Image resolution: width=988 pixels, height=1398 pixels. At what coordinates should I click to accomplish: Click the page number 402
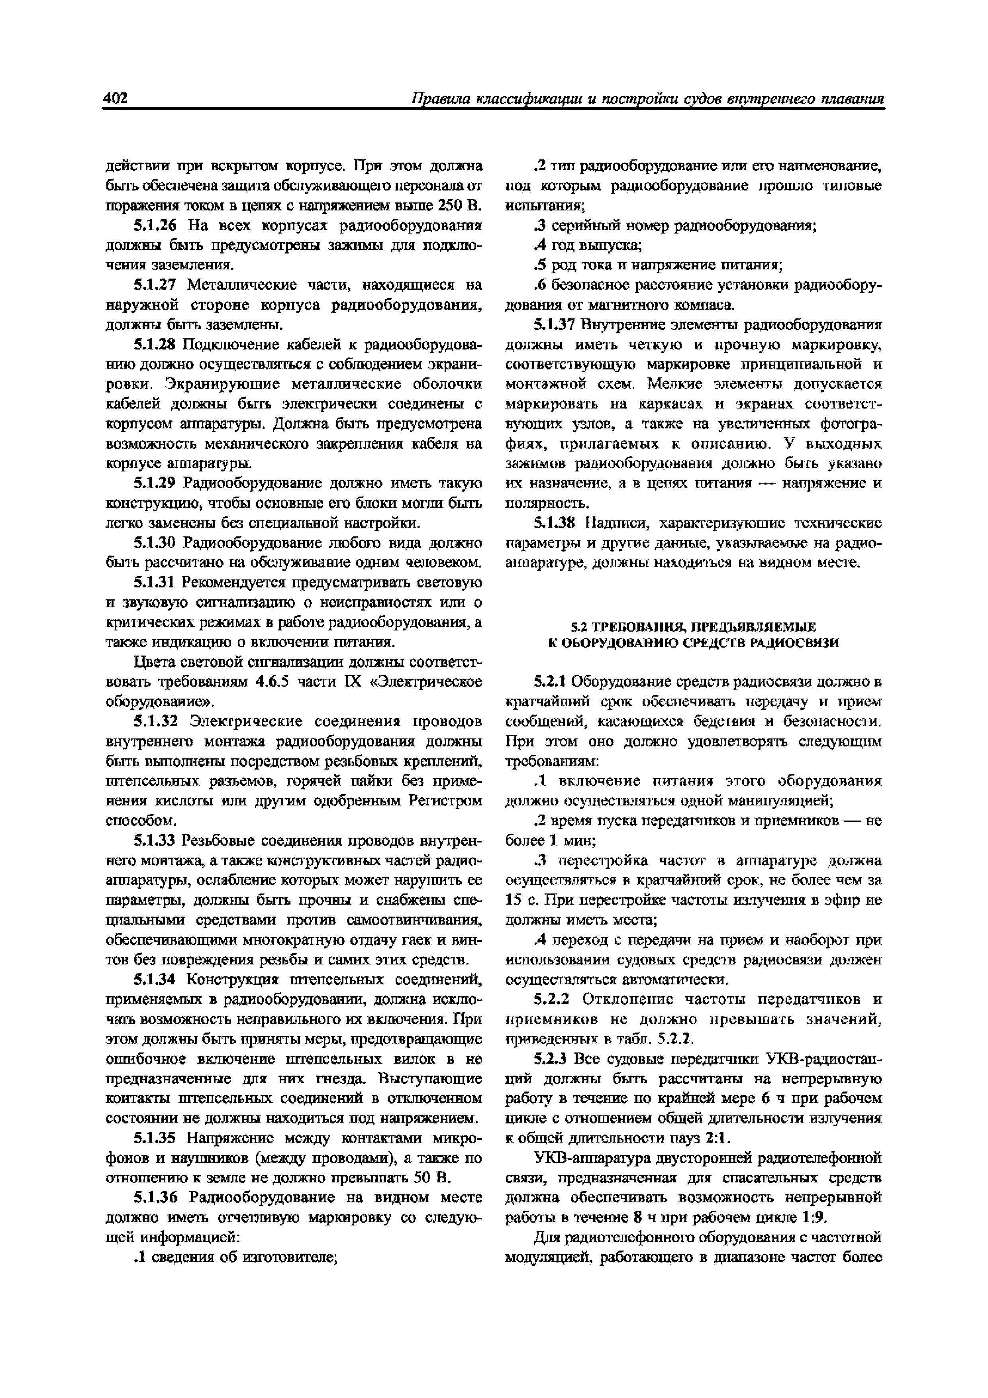tap(115, 99)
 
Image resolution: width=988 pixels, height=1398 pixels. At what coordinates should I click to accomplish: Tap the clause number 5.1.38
tap(554, 523)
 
